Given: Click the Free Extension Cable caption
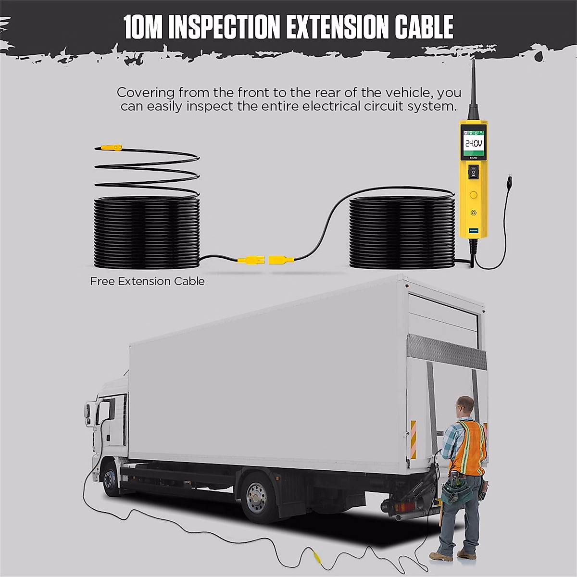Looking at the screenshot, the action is (147, 281).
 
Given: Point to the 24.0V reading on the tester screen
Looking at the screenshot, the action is (473, 143).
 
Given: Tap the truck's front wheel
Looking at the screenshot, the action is (111, 478).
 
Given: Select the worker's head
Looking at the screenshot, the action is (465, 407).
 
